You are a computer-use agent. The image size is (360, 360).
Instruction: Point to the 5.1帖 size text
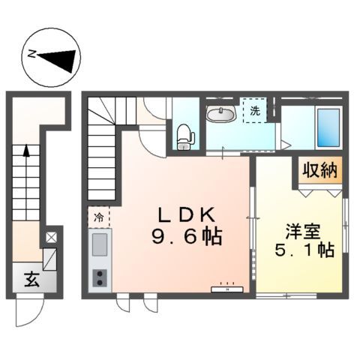(x=304, y=250)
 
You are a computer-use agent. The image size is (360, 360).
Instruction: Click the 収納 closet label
(x=319, y=170)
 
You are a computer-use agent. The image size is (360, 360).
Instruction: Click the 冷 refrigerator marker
(x=98, y=217)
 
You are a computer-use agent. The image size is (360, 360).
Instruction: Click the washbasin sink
(x=221, y=114)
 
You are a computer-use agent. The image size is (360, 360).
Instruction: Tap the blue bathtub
(x=328, y=128)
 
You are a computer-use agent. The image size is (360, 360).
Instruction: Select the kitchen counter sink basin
(x=99, y=244)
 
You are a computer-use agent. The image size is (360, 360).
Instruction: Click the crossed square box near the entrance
(x=50, y=238)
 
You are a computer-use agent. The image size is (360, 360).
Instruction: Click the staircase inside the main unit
(x=103, y=150)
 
